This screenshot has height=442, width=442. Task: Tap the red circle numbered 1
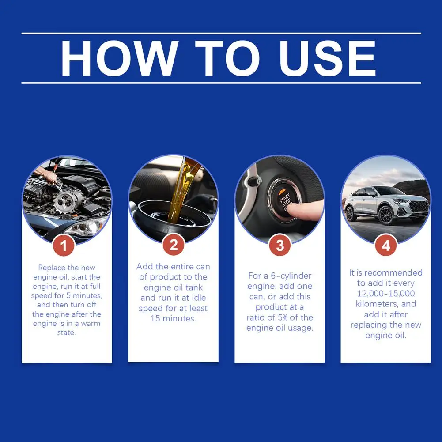(64, 246)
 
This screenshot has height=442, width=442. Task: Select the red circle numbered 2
(174, 246)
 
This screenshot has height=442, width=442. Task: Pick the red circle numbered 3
(280, 246)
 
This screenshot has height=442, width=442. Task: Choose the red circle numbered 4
(386, 246)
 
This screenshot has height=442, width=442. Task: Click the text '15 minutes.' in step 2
(173, 318)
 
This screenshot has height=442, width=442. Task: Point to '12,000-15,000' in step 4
(386, 294)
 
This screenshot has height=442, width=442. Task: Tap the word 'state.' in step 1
(66, 333)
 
